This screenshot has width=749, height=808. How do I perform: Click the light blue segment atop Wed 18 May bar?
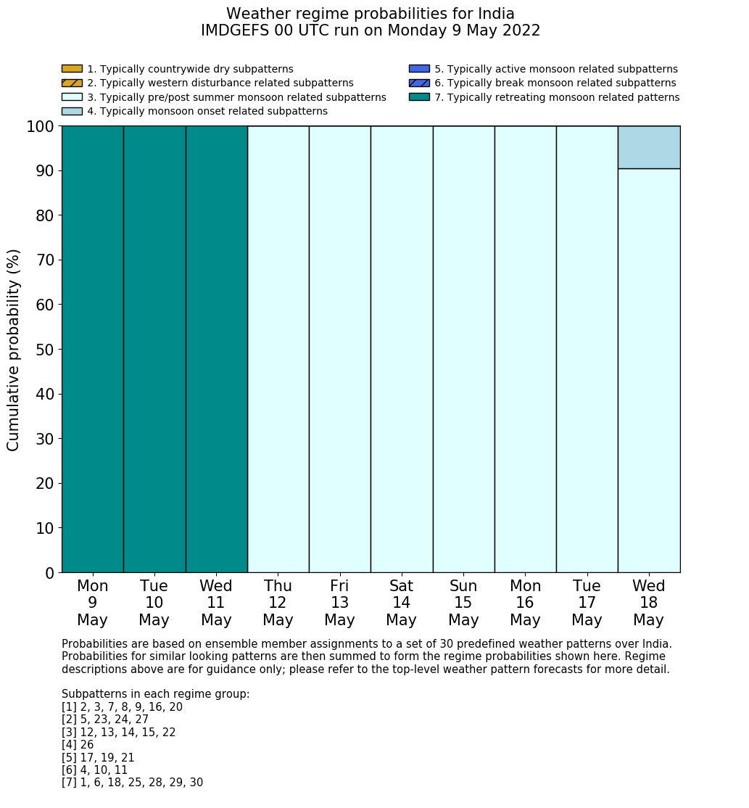point(649,147)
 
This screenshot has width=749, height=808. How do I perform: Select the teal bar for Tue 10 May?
point(154,349)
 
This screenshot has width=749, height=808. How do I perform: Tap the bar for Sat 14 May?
point(402,349)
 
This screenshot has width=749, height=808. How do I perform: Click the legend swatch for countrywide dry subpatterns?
point(72,69)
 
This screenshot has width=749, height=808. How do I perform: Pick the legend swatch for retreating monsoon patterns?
point(419,97)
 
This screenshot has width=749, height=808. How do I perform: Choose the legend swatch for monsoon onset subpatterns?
point(72,111)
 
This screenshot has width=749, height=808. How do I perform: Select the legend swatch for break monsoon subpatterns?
point(419,83)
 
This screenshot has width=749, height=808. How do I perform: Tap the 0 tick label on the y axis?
point(49,573)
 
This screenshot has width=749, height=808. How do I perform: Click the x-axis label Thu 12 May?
point(278,603)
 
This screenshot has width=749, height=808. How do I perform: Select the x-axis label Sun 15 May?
point(463,603)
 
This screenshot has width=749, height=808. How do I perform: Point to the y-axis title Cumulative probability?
point(14,350)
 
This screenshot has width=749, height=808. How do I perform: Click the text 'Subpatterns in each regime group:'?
point(155,694)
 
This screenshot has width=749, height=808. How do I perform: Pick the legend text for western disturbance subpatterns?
point(220,83)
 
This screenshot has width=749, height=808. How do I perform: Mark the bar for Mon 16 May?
point(526,349)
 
